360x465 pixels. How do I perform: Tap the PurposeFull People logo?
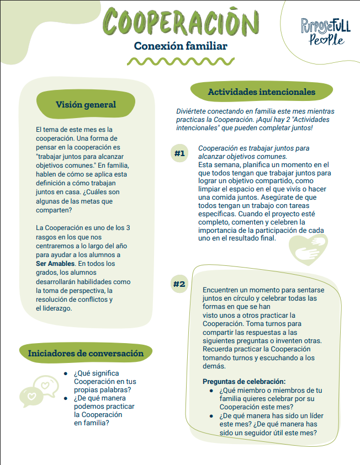(x=325, y=31)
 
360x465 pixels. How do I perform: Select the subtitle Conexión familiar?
(x=181, y=46)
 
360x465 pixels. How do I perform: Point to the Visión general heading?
(x=86, y=105)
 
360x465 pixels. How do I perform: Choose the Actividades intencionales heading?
(x=262, y=92)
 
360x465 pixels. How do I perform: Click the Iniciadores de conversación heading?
(x=86, y=353)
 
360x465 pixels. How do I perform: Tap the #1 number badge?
(x=179, y=154)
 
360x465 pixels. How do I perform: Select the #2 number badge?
(x=179, y=285)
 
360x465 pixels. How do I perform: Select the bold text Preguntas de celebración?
(x=244, y=381)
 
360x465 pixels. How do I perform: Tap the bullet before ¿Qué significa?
(x=66, y=373)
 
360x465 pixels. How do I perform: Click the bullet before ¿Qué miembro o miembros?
(x=212, y=390)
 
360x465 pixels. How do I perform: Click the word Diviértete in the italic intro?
(x=193, y=111)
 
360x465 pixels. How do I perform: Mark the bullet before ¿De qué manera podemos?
(x=66, y=398)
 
